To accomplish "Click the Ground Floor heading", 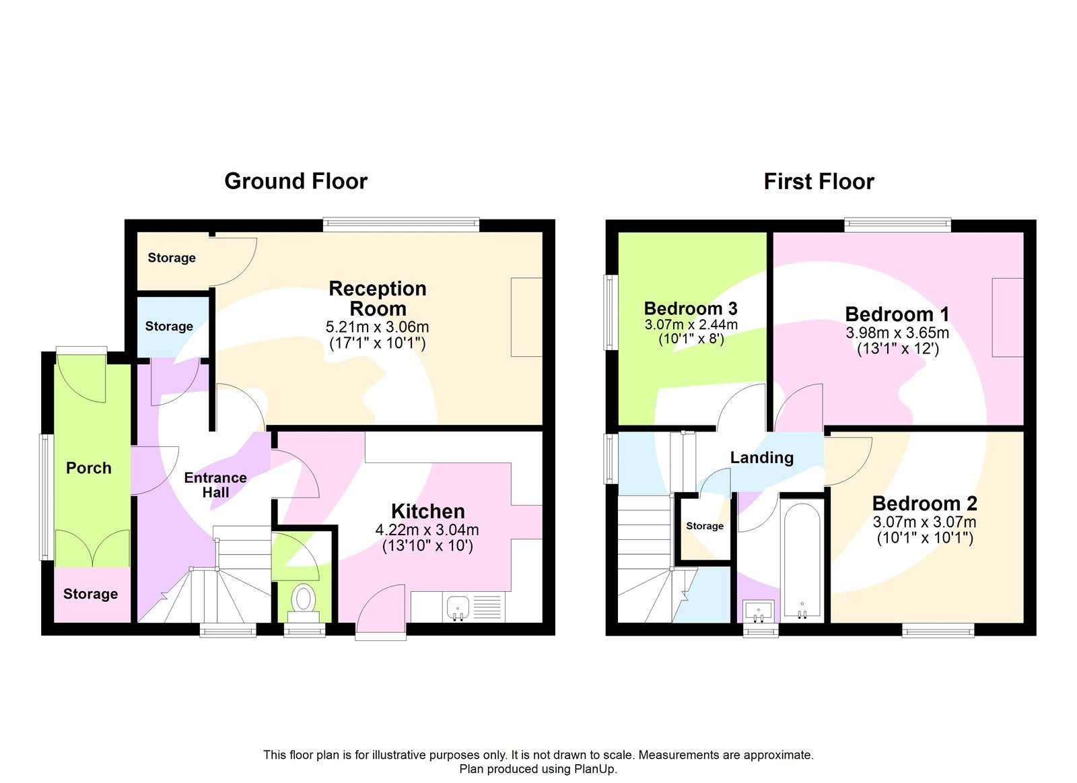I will coord(296,181).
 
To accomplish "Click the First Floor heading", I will coord(819,182).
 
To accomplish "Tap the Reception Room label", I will coord(378,298).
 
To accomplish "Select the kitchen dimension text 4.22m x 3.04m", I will coord(427,530).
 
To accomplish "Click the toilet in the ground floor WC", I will coord(304,599).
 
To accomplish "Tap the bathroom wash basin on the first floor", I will coord(759,611).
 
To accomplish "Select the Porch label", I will coord(89,468).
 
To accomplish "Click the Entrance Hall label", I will coord(215,485).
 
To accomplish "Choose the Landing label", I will coord(762,458).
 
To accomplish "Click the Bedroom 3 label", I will coord(691,308).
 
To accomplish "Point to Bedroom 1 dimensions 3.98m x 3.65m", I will coord(897,333).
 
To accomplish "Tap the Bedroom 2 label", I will coord(924,504).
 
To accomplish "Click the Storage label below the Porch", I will coord(90,594).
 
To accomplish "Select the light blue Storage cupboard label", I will coord(169,327).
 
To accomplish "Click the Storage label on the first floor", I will coord(705,526).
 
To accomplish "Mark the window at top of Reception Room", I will coord(401,224).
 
